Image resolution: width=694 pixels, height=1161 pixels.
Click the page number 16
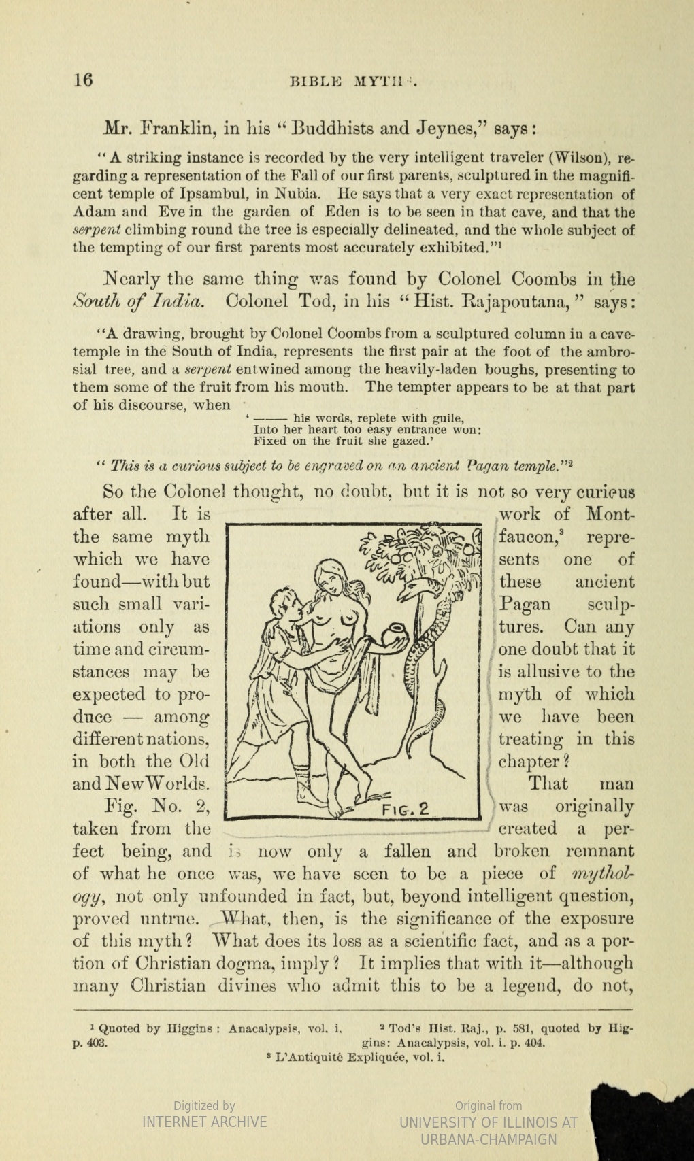(83, 80)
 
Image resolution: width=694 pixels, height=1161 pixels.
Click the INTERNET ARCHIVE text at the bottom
(204, 1122)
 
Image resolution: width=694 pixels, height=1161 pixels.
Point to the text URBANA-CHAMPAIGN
(489, 1139)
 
